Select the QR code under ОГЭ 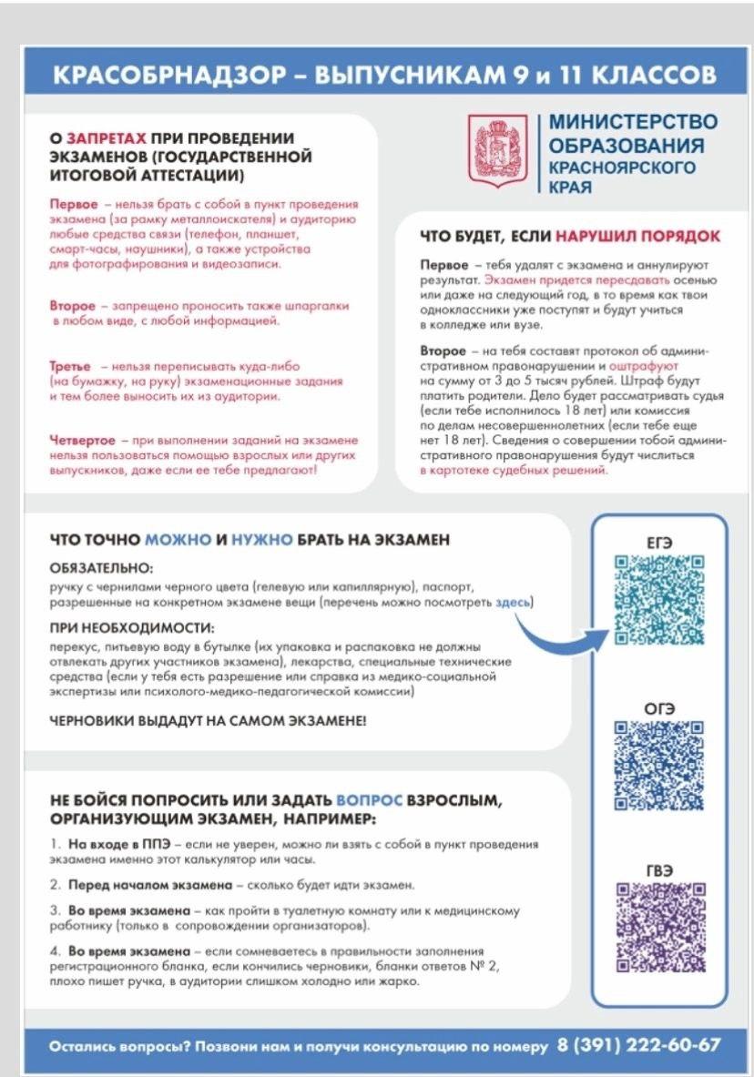[658, 764]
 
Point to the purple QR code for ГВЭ [658, 927]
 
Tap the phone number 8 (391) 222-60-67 [638, 1043]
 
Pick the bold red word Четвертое [82, 440]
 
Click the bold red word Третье [70, 365]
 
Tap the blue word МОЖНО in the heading [179, 540]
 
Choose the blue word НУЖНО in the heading [261, 540]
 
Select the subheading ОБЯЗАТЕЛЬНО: [102, 567]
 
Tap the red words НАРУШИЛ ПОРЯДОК [638, 236]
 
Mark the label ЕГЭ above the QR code [658, 542]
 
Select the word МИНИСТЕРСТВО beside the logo [633, 122]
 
